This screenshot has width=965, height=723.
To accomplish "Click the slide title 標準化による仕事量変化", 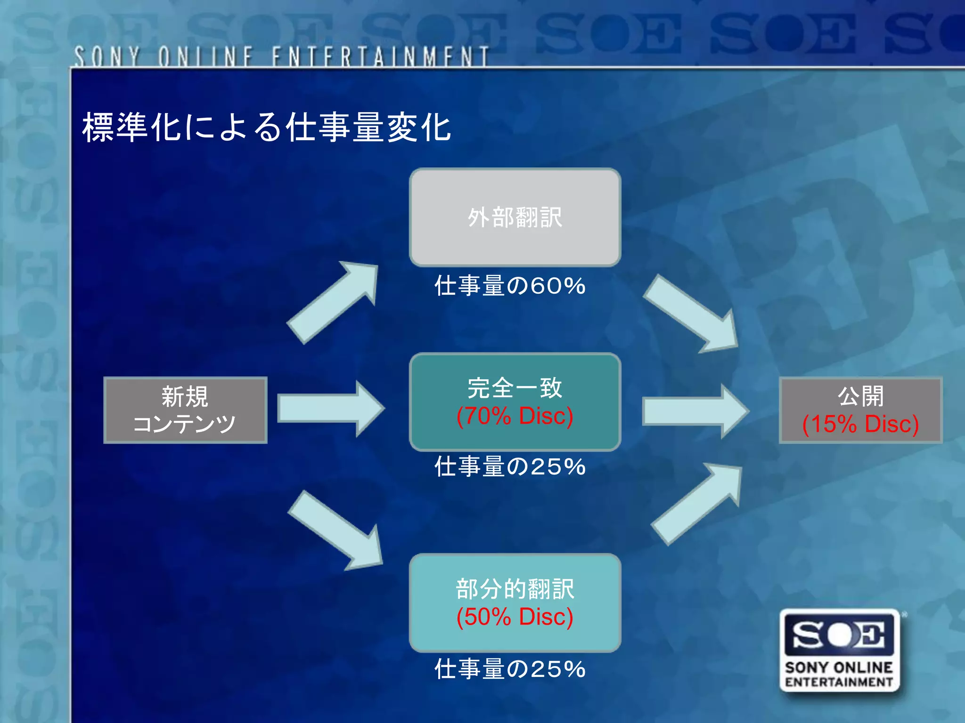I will coord(267,128).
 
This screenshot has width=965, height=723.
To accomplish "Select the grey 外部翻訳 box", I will coord(515,217).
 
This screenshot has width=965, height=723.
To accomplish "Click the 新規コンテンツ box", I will coord(185,410).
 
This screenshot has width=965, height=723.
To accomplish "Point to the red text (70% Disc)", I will coord(515,416).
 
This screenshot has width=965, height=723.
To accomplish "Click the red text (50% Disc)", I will coord(515,617).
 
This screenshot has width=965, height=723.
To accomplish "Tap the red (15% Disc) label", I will coord(860,424).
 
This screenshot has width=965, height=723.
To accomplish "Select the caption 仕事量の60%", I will coord(510,286).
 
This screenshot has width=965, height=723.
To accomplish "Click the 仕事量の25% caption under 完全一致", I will coord(510,467).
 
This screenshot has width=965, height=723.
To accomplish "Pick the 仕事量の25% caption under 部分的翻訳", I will coord(510,669).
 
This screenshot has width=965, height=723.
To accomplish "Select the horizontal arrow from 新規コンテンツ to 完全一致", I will coord(330,409).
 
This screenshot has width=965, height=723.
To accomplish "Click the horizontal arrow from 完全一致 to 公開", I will coord(695,411).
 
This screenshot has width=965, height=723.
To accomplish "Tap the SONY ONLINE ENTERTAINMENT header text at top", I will coord(281,56).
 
